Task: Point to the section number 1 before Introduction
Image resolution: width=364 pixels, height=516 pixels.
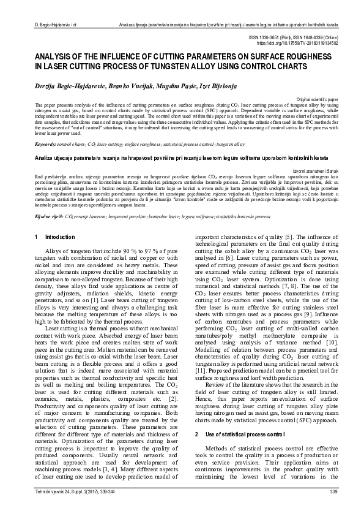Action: (37, 237)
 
